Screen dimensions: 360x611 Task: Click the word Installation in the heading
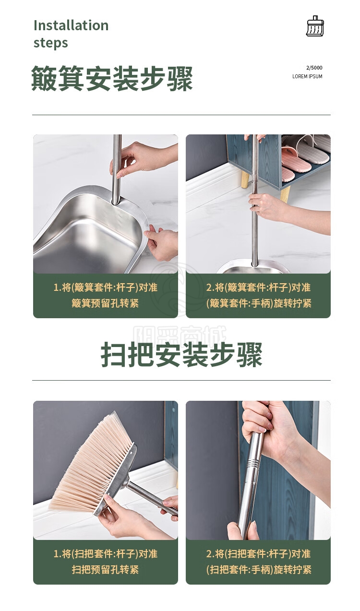click(x=71, y=25)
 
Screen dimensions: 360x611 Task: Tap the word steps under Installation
click(x=51, y=43)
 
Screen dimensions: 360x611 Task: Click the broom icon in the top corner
click(x=315, y=26)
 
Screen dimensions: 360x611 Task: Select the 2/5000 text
click(x=314, y=68)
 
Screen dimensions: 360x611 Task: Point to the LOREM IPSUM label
click(x=307, y=76)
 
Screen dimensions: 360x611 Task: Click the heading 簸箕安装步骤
click(x=112, y=79)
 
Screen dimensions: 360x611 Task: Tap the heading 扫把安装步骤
click(x=181, y=355)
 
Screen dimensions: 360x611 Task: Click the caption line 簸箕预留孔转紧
click(x=105, y=303)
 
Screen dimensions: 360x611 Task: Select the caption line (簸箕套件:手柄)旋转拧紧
click(x=259, y=303)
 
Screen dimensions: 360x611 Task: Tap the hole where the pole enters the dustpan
click(x=116, y=203)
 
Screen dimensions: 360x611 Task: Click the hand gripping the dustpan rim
click(x=161, y=243)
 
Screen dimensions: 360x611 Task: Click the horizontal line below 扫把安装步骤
click(x=181, y=380)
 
